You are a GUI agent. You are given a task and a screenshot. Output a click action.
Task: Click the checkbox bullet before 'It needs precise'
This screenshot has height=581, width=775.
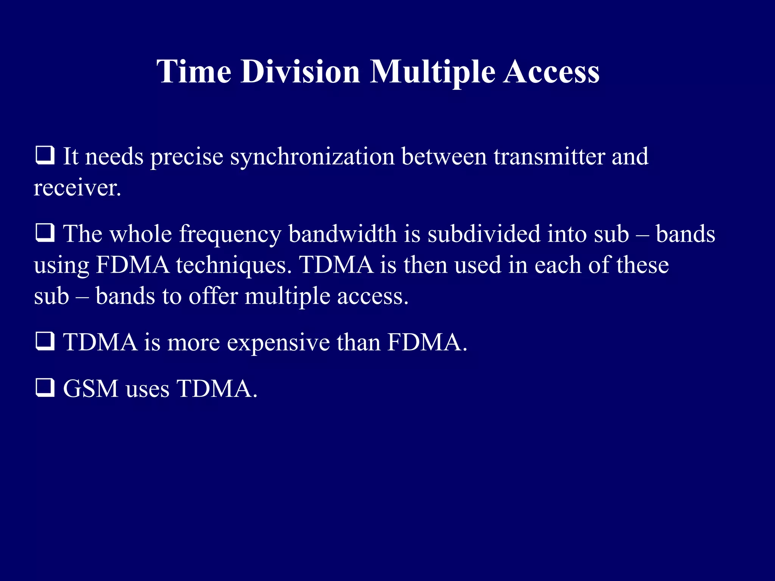pyautogui.click(x=45, y=156)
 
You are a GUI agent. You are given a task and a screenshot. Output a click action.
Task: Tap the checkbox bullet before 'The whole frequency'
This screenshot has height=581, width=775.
pyautogui.click(x=45, y=233)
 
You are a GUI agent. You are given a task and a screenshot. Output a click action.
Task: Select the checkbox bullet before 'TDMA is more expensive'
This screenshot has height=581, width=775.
pyautogui.click(x=45, y=342)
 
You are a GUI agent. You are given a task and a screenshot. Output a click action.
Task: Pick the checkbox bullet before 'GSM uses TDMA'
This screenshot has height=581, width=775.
pyautogui.click(x=45, y=388)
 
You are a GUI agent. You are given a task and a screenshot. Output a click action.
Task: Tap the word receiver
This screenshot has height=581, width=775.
pyautogui.click(x=77, y=188)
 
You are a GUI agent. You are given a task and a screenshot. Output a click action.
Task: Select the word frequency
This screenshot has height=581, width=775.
pyautogui.click(x=230, y=235)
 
